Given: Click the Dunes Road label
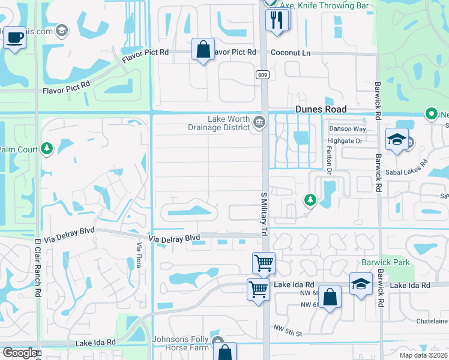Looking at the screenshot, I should pyautogui.click(x=321, y=109).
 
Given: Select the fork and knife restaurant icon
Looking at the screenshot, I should pyautogui.click(x=277, y=20).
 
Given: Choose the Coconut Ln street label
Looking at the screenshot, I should pyautogui.click(x=291, y=52).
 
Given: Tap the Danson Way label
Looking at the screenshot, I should pyautogui.click(x=346, y=129).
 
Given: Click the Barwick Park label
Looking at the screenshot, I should pyautogui.click(x=385, y=262).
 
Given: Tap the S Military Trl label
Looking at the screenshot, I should pyautogui.click(x=263, y=213).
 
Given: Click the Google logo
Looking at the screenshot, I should pyautogui.click(x=19, y=353).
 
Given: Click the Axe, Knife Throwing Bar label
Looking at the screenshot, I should pyautogui.click(x=327, y=5).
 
